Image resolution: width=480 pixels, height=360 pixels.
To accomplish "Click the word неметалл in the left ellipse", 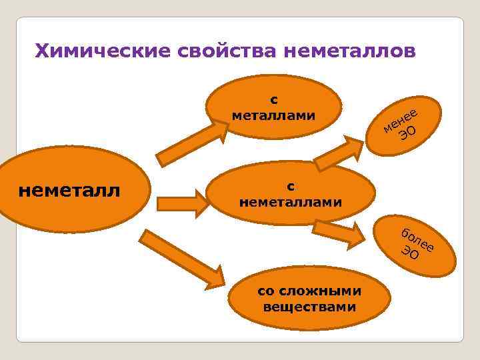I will (x=70, y=191).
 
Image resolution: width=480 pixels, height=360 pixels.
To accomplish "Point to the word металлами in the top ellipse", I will (x=273, y=115).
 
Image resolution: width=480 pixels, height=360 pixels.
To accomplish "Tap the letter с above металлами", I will (x=273, y=99).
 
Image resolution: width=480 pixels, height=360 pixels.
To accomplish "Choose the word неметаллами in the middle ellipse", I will (x=291, y=201).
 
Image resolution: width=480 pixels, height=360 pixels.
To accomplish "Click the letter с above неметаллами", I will (x=291, y=185).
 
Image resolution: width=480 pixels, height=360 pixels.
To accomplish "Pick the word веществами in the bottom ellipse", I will (x=309, y=307).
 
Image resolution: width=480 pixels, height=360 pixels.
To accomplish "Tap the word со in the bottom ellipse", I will (x=265, y=291).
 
